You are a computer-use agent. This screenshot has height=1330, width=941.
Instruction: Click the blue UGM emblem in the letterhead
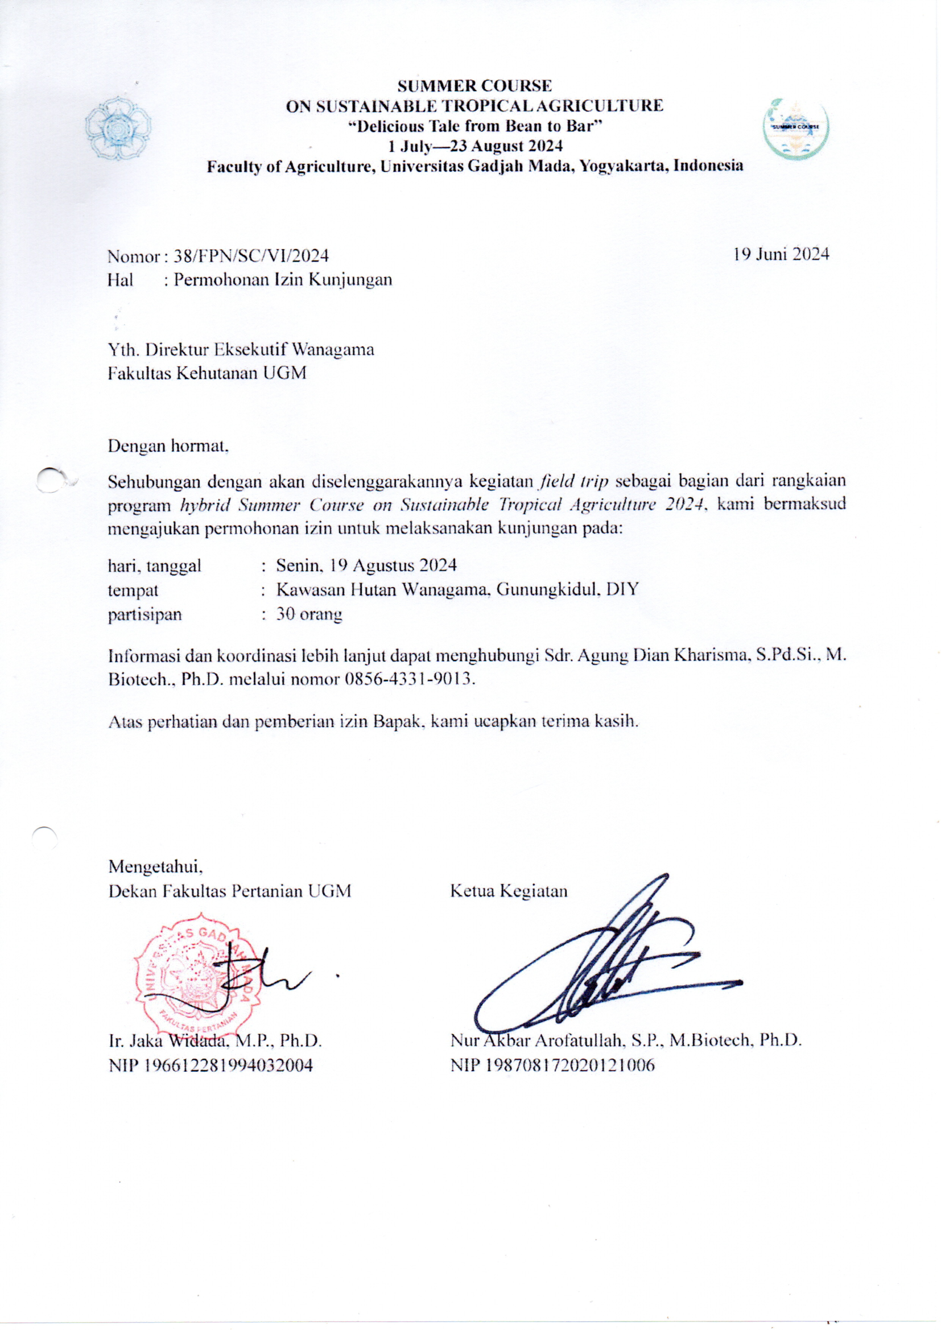(118, 129)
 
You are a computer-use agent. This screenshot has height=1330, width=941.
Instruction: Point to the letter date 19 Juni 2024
(781, 254)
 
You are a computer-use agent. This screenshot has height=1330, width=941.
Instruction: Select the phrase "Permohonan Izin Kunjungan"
(283, 280)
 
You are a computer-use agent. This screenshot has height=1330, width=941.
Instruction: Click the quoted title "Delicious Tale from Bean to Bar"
(474, 126)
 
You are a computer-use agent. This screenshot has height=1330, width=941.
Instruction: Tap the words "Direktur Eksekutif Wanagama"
(259, 350)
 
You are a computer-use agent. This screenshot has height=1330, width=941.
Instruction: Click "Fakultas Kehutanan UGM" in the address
(207, 374)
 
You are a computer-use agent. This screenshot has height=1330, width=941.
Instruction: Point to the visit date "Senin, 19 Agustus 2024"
(366, 565)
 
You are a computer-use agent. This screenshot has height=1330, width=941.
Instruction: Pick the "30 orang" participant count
(309, 614)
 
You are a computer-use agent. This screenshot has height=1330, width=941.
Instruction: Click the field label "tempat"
(133, 590)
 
